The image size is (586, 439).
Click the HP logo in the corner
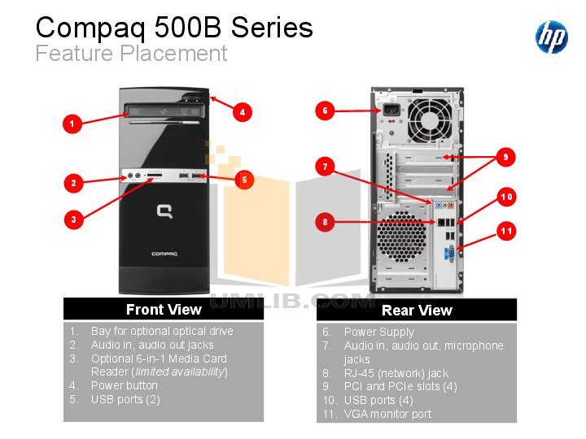[x=551, y=37]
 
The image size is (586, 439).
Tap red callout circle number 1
[x=73, y=124]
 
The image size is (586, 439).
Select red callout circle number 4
[x=242, y=112]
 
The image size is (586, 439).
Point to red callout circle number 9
[x=505, y=158]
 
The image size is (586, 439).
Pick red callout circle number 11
[x=506, y=232]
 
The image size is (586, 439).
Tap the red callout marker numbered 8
[x=326, y=222]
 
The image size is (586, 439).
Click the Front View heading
[x=164, y=310]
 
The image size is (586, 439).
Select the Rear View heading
[x=417, y=310]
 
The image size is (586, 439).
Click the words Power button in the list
[x=124, y=385]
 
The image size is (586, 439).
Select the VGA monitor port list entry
[x=387, y=414]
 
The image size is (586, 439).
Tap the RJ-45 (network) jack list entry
[x=396, y=373]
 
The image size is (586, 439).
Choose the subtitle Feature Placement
[x=131, y=54]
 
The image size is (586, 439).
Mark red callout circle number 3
[x=73, y=219]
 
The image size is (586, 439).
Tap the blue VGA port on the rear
[x=448, y=255]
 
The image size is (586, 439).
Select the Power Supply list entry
[x=378, y=332]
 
